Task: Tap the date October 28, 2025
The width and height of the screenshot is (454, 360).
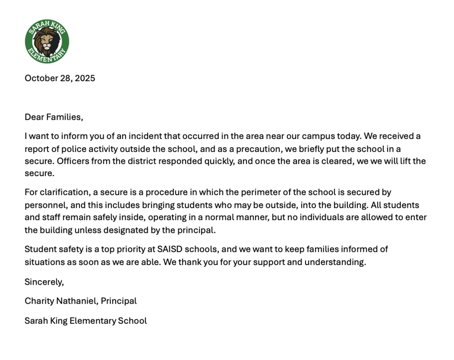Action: click(60, 78)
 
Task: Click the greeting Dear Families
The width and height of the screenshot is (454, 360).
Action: click(54, 117)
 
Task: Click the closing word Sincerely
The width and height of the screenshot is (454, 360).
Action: click(44, 282)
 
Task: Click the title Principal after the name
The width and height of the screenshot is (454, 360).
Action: click(118, 301)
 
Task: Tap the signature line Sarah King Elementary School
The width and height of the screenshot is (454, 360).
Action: click(86, 321)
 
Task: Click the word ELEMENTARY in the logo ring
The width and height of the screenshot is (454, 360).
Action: click(46, 58)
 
